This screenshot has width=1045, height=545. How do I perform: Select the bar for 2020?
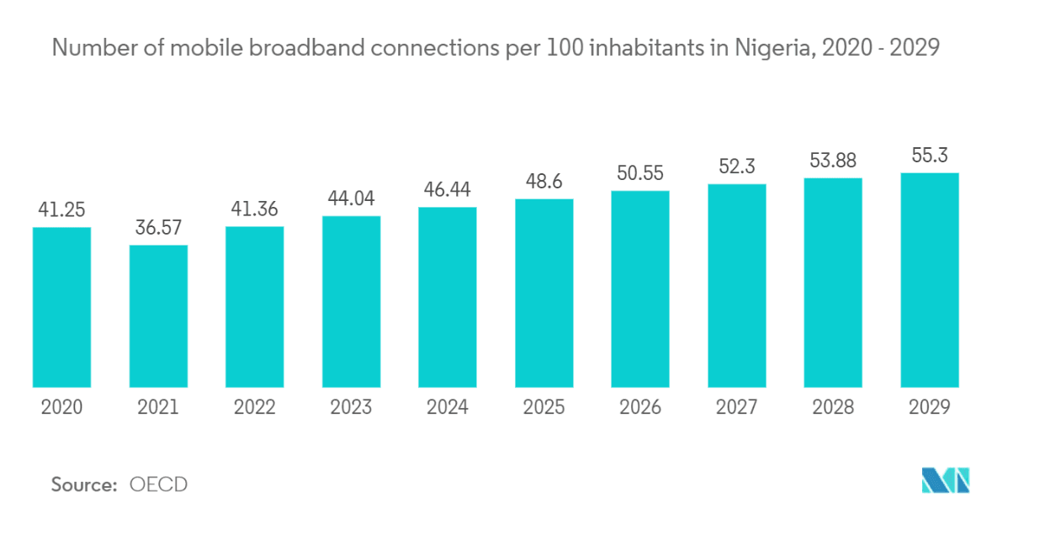pyautogui.click(x=61, y=308)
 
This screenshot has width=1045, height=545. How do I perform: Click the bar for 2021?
pyautogui.click(x=158, y=316)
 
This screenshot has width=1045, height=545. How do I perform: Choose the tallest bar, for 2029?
pyautogui.click(x=930, y=280)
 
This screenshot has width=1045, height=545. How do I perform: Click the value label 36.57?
pyautogui.click(x=158, y=227)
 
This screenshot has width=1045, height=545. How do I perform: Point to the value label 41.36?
pyautogui.click(x=254, y=209)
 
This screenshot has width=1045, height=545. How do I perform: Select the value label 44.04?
pyautogui.click(x=351, y=198)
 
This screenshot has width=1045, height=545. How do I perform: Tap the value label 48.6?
pyautogui.click(x=544, y=181)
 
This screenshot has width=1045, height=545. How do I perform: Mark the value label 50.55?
pyautogui.click(x=640, y=173)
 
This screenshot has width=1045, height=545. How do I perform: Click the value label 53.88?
pyautogui.click(x=833, y=160)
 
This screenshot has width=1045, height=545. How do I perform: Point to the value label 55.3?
pyautogui.click(x=930, y=155)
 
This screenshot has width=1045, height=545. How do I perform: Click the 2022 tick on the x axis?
pyautogui.click(x=254, y=408)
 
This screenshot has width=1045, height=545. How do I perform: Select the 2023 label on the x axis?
pyautogui.click(x=351, y=408)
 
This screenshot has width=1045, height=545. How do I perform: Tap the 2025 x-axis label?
pyautogui.click(x=544, y=408)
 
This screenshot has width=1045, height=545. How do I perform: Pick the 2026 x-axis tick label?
pyautogui.click(x=640, y=408)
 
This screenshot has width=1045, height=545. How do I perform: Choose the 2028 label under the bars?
pyautogui.click(x=833, y=408)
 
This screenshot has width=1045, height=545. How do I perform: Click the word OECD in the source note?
pyautogui.click(x=158, y=484)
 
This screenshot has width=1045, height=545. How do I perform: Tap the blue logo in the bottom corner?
pyautogui.click(x=946, y=480)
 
